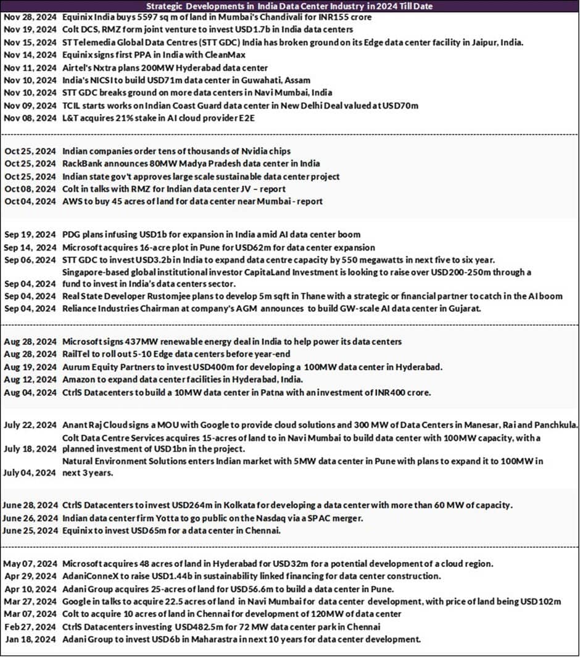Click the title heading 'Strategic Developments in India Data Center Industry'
click(x=289, y=6)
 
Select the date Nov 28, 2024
click(x=31, y=17)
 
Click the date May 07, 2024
click(x=31, y=563)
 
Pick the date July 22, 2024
click(x=31, y=425)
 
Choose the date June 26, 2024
click(x=31, y=518)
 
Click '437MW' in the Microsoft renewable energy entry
click(x=138, y=342)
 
